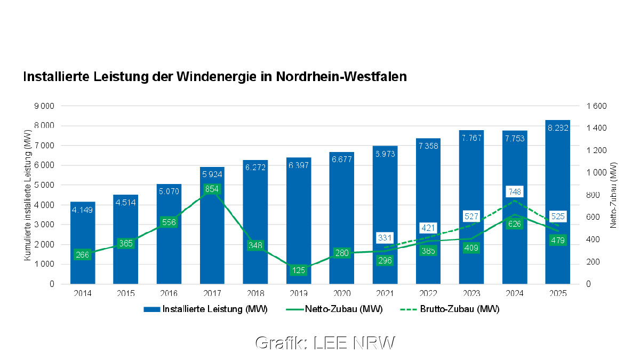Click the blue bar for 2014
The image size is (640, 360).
[x=83, y=235]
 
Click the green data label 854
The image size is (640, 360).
[x=212, y=189]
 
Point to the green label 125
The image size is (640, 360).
[x=299, y=270]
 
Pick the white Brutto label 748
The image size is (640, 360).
[x=515, y=191]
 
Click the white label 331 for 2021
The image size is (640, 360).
[x=385, y=237]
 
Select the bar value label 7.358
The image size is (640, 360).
[x=428, y=146]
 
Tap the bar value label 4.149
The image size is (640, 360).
[x=83, y=209]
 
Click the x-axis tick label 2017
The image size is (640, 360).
[x=212, y=293]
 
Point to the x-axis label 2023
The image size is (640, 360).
[x=471, y=293]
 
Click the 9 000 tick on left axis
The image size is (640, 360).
[x=44, y=106]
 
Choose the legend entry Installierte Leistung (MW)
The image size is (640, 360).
[x=205, y=309]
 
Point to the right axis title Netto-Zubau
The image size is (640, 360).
[x=613, y=195]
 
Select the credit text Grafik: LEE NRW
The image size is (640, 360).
[x=325, y=343]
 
